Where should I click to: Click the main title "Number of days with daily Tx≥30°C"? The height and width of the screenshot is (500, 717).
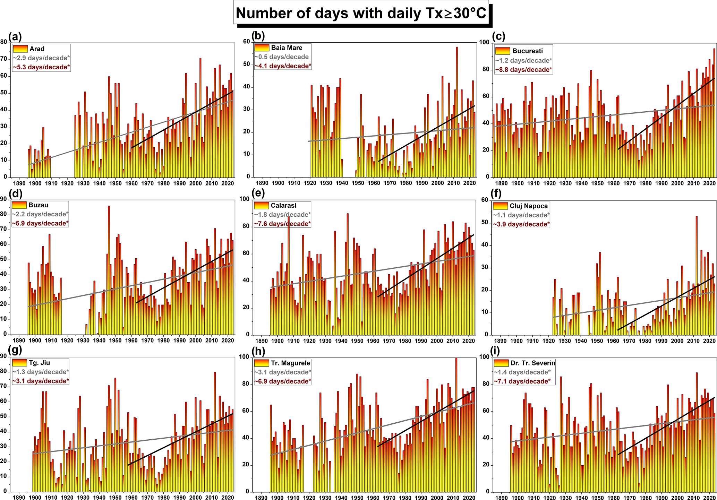(361, 14)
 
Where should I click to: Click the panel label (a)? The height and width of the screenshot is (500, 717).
(15, 36)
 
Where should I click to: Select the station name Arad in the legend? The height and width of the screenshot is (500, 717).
(37, 49)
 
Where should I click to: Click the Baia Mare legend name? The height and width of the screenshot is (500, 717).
(287, 48)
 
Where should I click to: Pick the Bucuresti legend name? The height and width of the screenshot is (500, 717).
(527, 51)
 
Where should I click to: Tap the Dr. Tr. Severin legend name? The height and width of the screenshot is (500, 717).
(532, 363)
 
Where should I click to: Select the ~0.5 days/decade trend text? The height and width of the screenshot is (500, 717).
(281, 57)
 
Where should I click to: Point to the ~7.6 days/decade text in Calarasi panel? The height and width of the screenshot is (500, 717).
(282, 224)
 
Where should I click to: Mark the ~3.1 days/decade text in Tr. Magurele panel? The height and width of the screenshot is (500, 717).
(282, 372)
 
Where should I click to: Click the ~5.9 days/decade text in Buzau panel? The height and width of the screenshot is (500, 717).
(40, 224)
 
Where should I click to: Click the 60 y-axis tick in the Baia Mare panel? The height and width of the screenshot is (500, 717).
(247, 42)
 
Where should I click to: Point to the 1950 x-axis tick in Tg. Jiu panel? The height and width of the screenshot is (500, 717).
(115, 497)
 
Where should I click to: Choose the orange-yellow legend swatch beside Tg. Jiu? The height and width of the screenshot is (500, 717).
(19, 363)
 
